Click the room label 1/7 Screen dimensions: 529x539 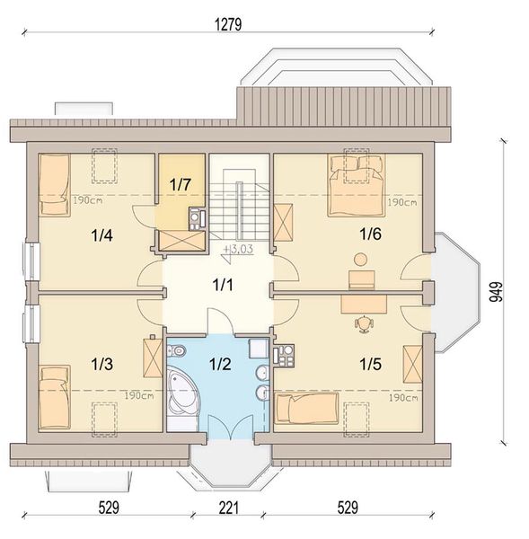(x=180, y=184)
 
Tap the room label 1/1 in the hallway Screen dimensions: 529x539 (x=223, y=285)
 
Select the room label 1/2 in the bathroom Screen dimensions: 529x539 (x=220, y=364)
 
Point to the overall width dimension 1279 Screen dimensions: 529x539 (x=228, y=24)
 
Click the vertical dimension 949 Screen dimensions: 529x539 (x=496, y=292)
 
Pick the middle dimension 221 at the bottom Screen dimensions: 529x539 (x=229, y=508)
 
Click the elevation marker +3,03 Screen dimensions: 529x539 (x=238, y=249)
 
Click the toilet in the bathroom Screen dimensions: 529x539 (x=176, y=351)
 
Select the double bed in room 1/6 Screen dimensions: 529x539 (x=356, y=186)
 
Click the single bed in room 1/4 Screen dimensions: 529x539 (x=54, y=185)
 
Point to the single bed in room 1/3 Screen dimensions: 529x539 (x=54, y=397)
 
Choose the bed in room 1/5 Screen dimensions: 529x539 (x=306, y=408)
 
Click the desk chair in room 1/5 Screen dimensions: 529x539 (x=364, y=324)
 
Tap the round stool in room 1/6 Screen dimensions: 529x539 (x=360, y=260)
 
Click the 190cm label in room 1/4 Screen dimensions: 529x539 (x=88, y=200)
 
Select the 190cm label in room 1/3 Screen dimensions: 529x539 (x=139, y=395)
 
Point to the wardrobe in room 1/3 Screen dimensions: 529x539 (x=153, y=358)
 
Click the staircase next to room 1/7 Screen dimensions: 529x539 (x=239, y=204)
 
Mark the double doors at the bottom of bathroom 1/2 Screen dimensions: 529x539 (x=232, y=426)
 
